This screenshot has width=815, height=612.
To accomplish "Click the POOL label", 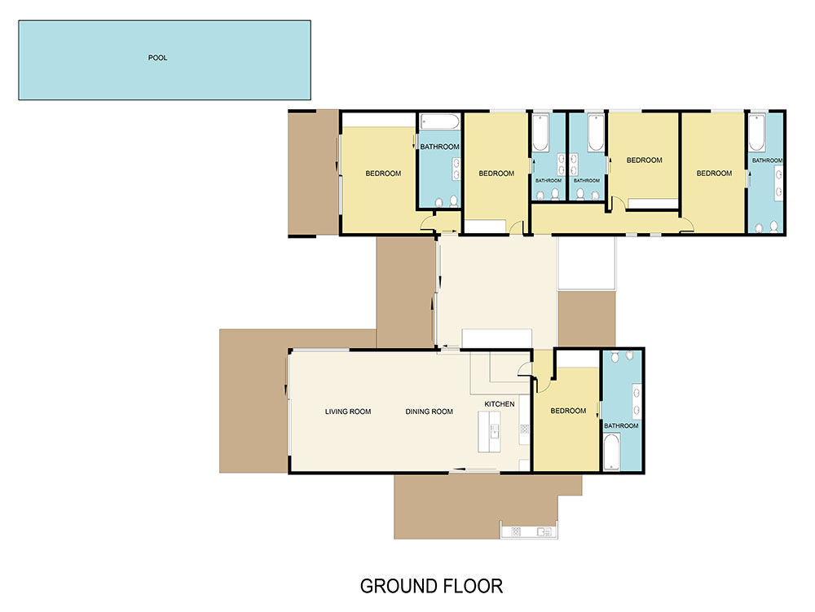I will pos(157,58).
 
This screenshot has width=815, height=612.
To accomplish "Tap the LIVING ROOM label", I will pos(348,412).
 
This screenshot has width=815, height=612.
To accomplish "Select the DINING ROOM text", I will pos(429,412).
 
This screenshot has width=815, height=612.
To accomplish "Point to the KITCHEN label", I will pos(500,404).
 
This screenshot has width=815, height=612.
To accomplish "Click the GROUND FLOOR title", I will pos(431,586).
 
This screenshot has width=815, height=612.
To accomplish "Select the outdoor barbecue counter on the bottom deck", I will pos(527,532).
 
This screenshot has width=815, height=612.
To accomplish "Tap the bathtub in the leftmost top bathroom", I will pos(440,123).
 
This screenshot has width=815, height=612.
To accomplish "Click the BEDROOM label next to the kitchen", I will pos(568,411).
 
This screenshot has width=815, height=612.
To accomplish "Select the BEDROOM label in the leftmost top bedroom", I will pos(383,173).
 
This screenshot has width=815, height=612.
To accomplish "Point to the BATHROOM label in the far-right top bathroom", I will pos(767,161).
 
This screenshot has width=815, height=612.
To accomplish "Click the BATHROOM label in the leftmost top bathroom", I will pos(439,147).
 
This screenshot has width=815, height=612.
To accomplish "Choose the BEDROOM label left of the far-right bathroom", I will pos(714,173).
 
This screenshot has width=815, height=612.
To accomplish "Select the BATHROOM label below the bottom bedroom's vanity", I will pos(621,425).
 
